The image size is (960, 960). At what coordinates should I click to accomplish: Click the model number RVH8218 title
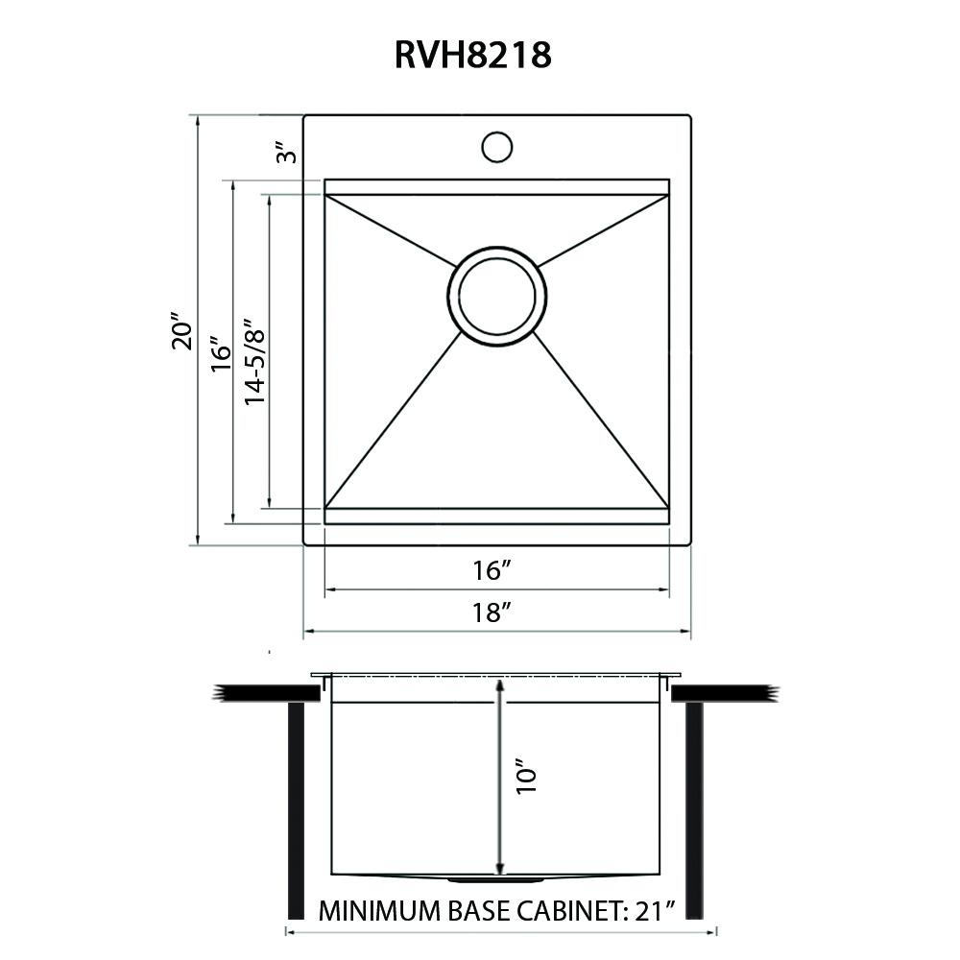point(472,56)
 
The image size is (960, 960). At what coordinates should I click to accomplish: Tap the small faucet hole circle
point(496,147)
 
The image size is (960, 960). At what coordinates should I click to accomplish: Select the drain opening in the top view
point(496,295)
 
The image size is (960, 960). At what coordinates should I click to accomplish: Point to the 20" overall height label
point(181,331)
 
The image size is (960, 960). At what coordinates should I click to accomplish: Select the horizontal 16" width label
point(490,570)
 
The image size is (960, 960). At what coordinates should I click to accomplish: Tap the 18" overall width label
point(490,612)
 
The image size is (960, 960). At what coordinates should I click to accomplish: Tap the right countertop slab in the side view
point(723,692)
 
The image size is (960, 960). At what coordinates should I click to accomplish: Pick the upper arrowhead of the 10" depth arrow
point(499,685)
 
